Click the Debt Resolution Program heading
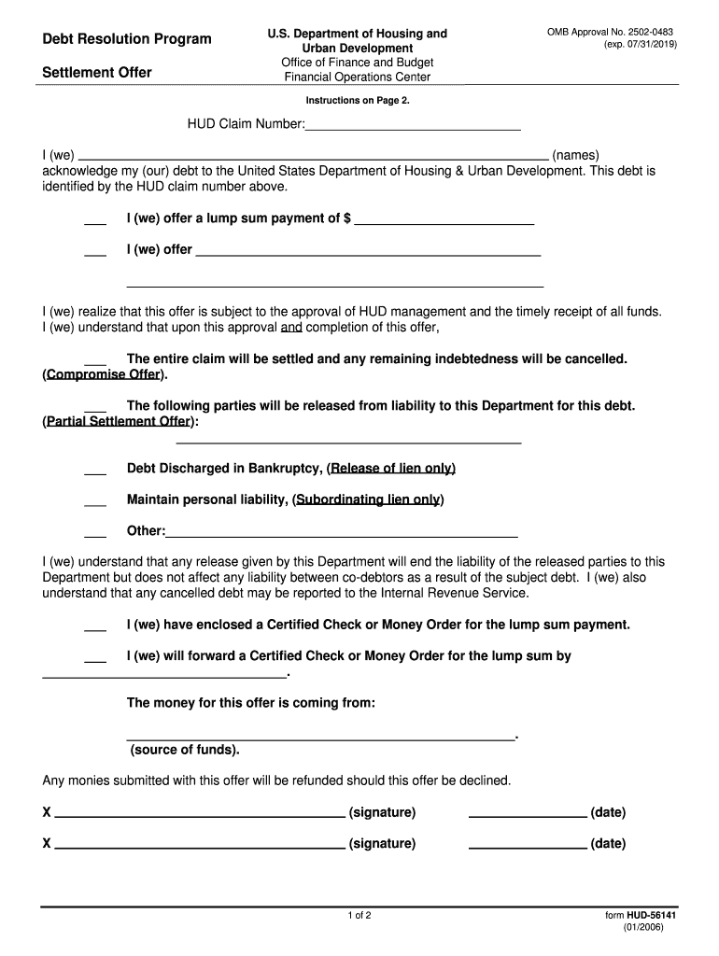(127, 39)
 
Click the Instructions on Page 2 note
(358, 100)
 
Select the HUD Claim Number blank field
(413, 124)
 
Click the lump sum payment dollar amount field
(444, 219)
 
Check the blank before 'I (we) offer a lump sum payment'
(95, 220)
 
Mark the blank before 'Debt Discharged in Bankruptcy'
(95, 470)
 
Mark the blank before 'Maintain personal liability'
(95, 501)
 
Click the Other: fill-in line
(342, 532)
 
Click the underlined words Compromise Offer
(105, 375)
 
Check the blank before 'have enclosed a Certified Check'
(95, 626)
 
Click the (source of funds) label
(184, 750)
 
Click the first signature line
(200, 813)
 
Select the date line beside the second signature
(528, 845)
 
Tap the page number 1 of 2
(359, 916)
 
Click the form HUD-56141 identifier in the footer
(641, 917)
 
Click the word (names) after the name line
(575, 155)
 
